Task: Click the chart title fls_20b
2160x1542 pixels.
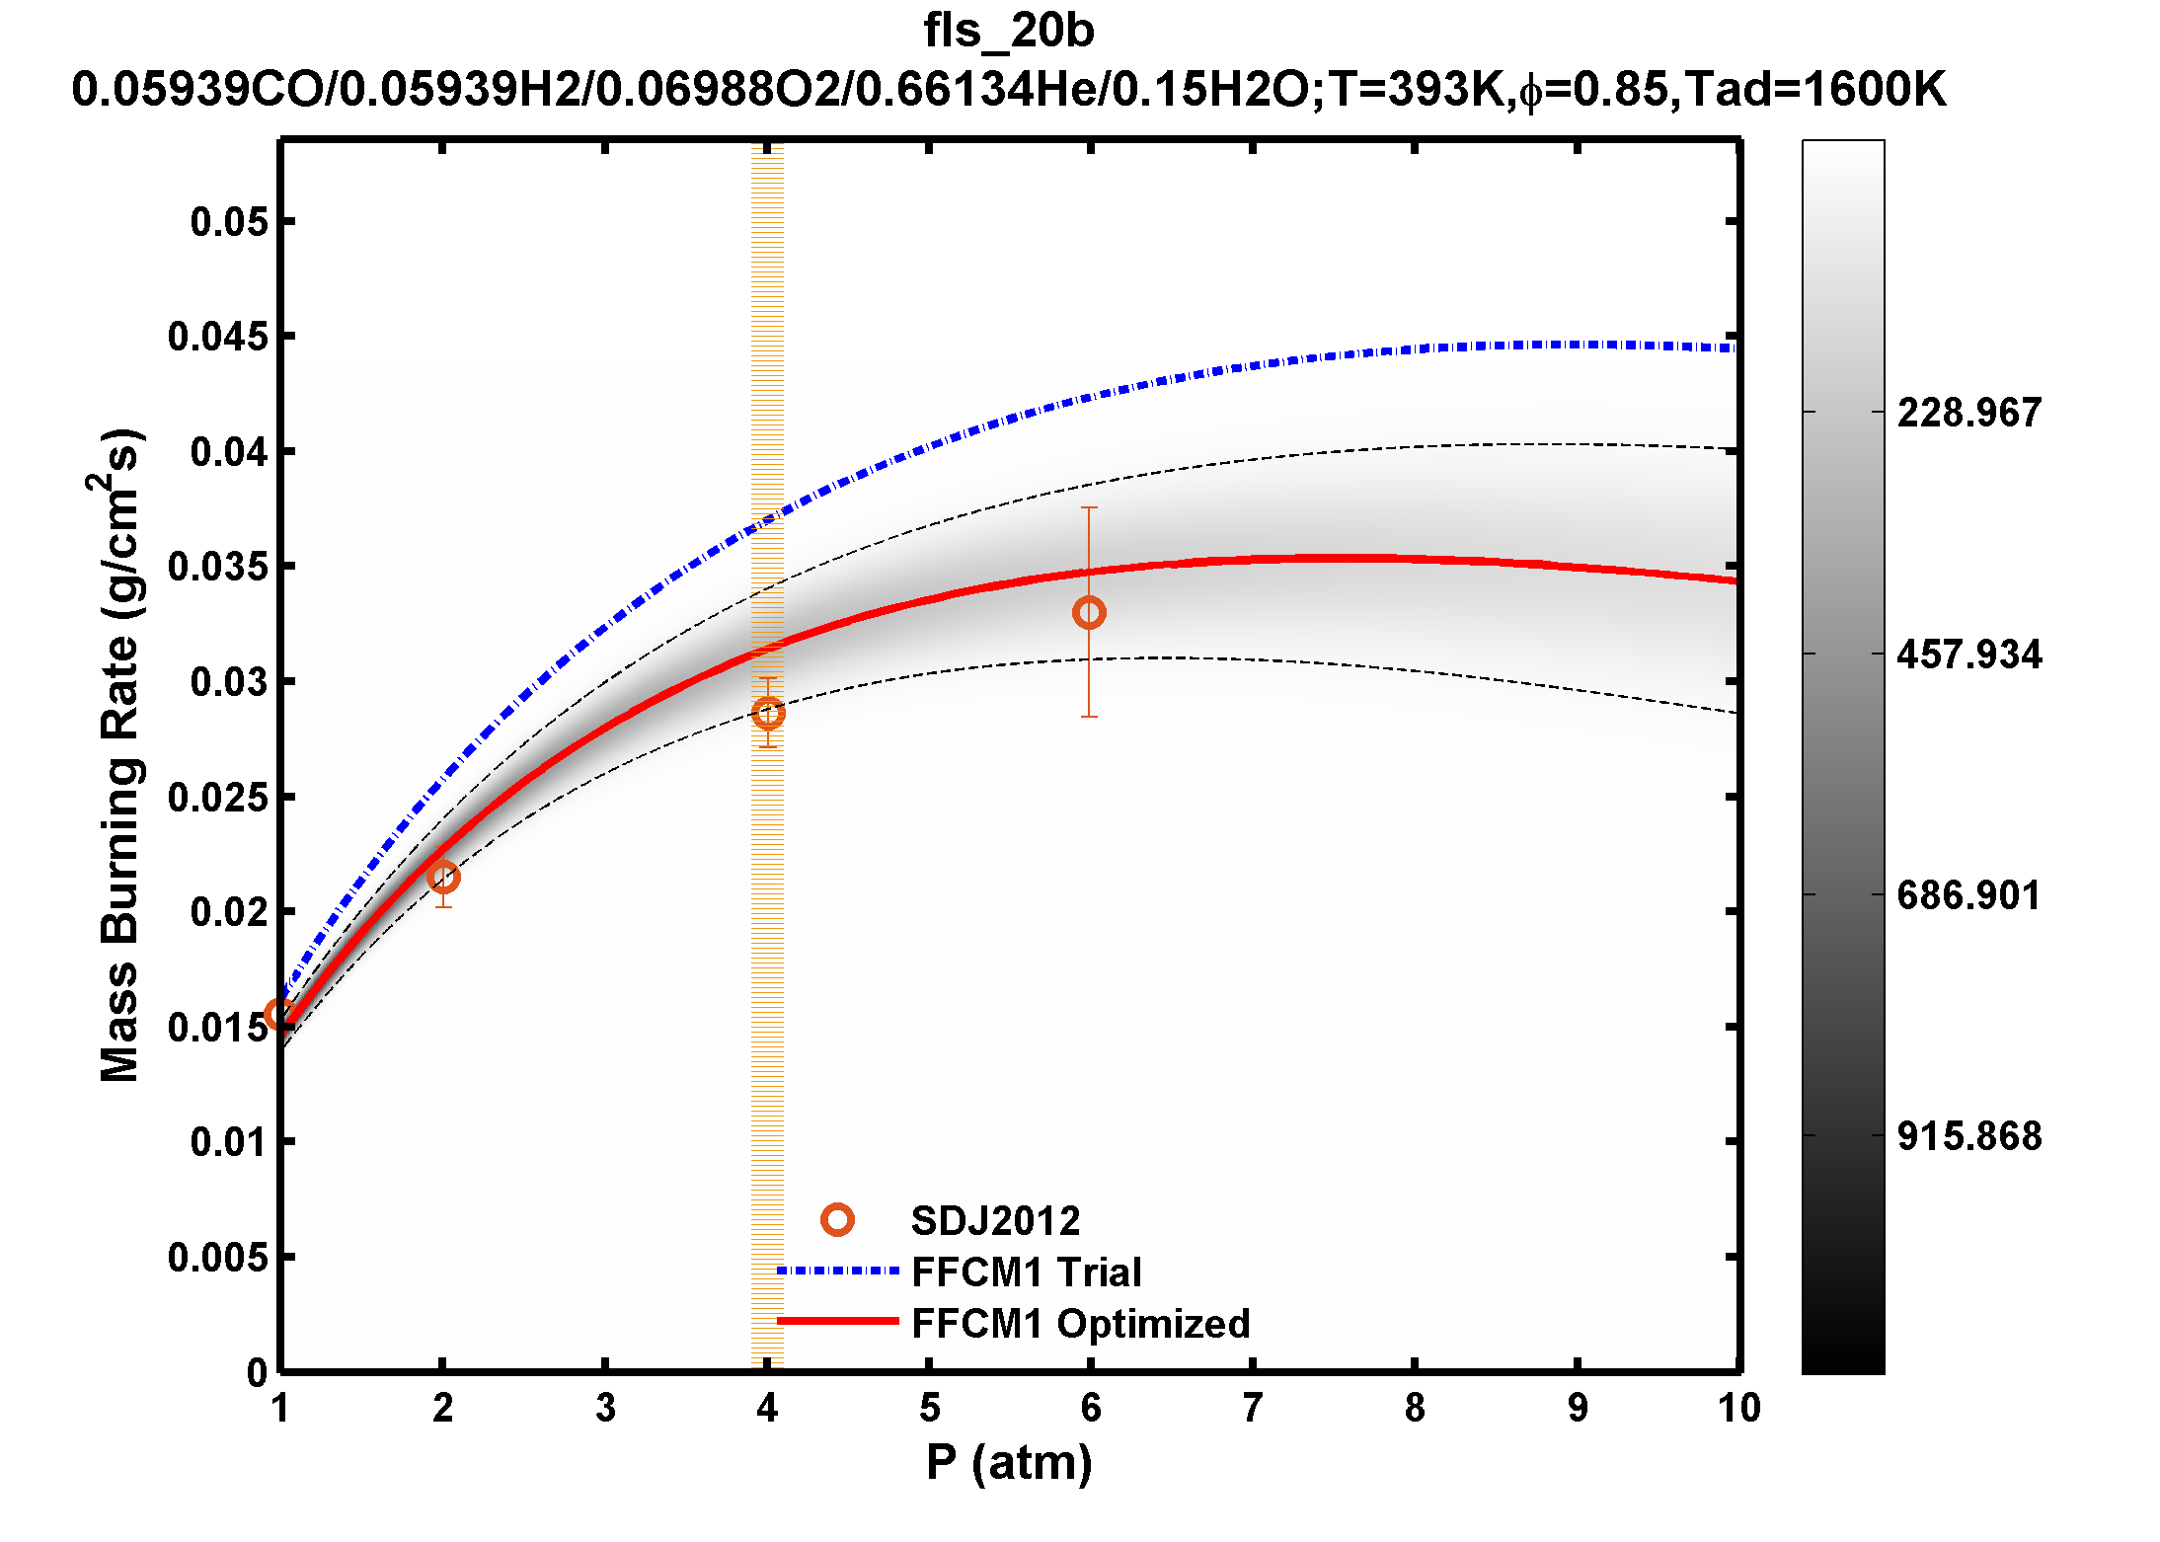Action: (x=1008, y=31)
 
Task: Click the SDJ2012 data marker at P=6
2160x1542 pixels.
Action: (x=1089, y=613)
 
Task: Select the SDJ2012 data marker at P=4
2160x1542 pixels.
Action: (x=768, y=713)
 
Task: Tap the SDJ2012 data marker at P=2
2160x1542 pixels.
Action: (x=443, y=877)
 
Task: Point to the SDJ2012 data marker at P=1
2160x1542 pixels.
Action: (x=279, y=1015)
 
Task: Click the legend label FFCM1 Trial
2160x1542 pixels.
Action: (x=1026, y=1272)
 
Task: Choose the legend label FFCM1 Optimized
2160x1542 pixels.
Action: (x=1080, y=1324)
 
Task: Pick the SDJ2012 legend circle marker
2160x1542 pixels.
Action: (x=837, y=1221)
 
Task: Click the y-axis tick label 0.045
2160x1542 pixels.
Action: (x=217, y=338)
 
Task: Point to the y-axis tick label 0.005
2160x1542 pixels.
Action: (x=217, y=1258)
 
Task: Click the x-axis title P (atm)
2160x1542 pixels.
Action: (x=1008, y=1463)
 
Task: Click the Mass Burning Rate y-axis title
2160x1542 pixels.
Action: (x=120, y=755)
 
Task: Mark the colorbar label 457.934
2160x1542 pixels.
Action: (x=1968, y=655)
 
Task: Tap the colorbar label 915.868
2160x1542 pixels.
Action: (x=1968, y=1136)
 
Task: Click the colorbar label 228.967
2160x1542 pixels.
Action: (x=1968, y=413)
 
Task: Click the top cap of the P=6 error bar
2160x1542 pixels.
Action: (x=1089, y=507)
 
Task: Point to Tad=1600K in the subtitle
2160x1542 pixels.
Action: (x=1814, y=90)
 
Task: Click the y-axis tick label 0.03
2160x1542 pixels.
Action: (x=229, y=682)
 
